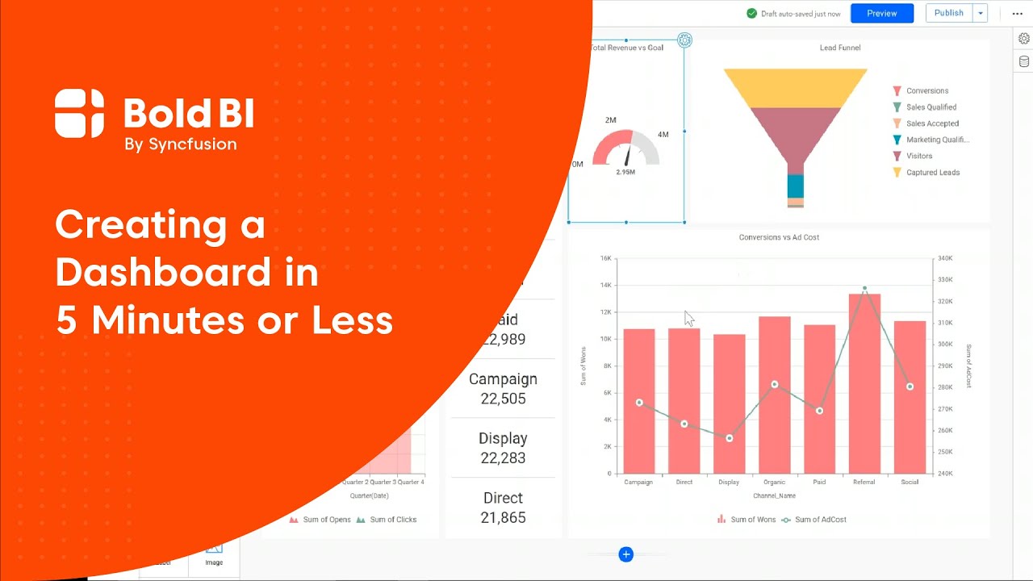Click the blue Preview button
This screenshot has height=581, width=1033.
tap(881, 13)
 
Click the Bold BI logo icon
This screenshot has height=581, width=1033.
tap(79, 114)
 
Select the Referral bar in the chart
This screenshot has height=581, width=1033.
tap(864, 383)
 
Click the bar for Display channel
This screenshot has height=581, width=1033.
tap(729, 403)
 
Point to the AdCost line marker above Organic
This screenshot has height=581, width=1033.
tap(774, 385)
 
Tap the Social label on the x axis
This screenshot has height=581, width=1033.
tap(910, 482)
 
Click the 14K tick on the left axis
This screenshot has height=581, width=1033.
tap(605, 286)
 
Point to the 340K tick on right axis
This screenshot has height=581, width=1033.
tap(943, 259)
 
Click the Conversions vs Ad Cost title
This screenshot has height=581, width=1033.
tap(779, 237)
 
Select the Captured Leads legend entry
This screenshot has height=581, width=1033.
tap(932, 173)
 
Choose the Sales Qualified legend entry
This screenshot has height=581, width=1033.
tap(931, 107)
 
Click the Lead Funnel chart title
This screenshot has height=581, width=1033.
tap(839, 48)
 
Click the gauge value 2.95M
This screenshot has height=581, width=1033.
tap(625, 172)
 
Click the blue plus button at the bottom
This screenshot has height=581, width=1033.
tap(625, 554)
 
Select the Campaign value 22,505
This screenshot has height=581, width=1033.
tap(503, 399)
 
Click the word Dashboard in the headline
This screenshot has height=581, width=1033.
tap(162, 273)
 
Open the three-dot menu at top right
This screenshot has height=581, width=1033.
tap(1017, 14)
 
